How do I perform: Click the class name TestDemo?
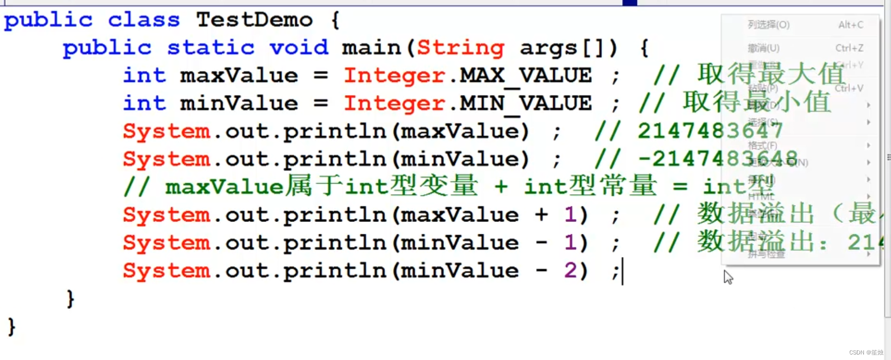(254, 20)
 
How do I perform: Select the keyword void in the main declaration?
(299, 48)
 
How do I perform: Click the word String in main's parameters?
(460, 48)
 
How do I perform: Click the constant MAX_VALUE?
(526, 76)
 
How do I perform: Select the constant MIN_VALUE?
(526, 103)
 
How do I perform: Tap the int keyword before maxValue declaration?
(144, 76)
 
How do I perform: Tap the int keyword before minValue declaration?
(144, 103)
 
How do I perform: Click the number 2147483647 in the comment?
(710, 131)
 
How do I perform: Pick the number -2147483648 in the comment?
(717, 159)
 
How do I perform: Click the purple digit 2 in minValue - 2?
(570, 271)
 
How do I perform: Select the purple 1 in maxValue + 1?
(570, 215)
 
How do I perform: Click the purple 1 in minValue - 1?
(570, 243)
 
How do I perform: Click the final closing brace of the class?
(12, 327)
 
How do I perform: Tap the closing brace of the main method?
(71, 299)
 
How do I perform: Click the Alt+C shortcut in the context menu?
(850, 25)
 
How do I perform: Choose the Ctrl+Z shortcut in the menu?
(849, 48)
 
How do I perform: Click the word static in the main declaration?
(210, 48)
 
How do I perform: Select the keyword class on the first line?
(144, 20)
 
